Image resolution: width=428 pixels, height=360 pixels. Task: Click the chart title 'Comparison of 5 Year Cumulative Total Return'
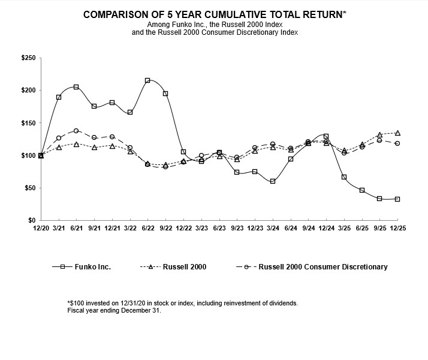[x=214, y=13]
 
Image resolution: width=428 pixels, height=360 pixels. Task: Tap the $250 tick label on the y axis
[x=28, y=58]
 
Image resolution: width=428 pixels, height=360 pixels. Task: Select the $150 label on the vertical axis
[x=28, y=123]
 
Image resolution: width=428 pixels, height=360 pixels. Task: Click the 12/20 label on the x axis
[x=41, y=229]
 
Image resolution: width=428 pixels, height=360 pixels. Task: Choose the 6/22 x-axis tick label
[x=147, y=229]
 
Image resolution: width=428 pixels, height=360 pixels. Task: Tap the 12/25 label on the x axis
[x=397, y=229]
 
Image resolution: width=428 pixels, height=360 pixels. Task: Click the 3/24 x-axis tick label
[x=273, y=229]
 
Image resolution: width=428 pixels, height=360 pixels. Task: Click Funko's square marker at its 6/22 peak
[x=147, y=80]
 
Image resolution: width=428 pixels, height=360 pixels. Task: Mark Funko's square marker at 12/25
[x=397, y=199]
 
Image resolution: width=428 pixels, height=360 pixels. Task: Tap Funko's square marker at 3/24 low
[x=273, y=181]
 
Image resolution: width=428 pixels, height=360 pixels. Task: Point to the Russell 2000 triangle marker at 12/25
[x=397, y=133]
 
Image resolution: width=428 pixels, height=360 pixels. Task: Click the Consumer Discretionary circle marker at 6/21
[x=76, y=131]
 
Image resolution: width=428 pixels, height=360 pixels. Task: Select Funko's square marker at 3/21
[x=59, y=97]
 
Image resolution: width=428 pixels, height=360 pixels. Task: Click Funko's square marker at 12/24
[x=326, y=136]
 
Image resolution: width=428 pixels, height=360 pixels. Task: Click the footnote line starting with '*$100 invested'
[x=182, y=304]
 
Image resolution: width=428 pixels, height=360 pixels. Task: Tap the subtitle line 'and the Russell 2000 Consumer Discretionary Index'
[x=214, y=32]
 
